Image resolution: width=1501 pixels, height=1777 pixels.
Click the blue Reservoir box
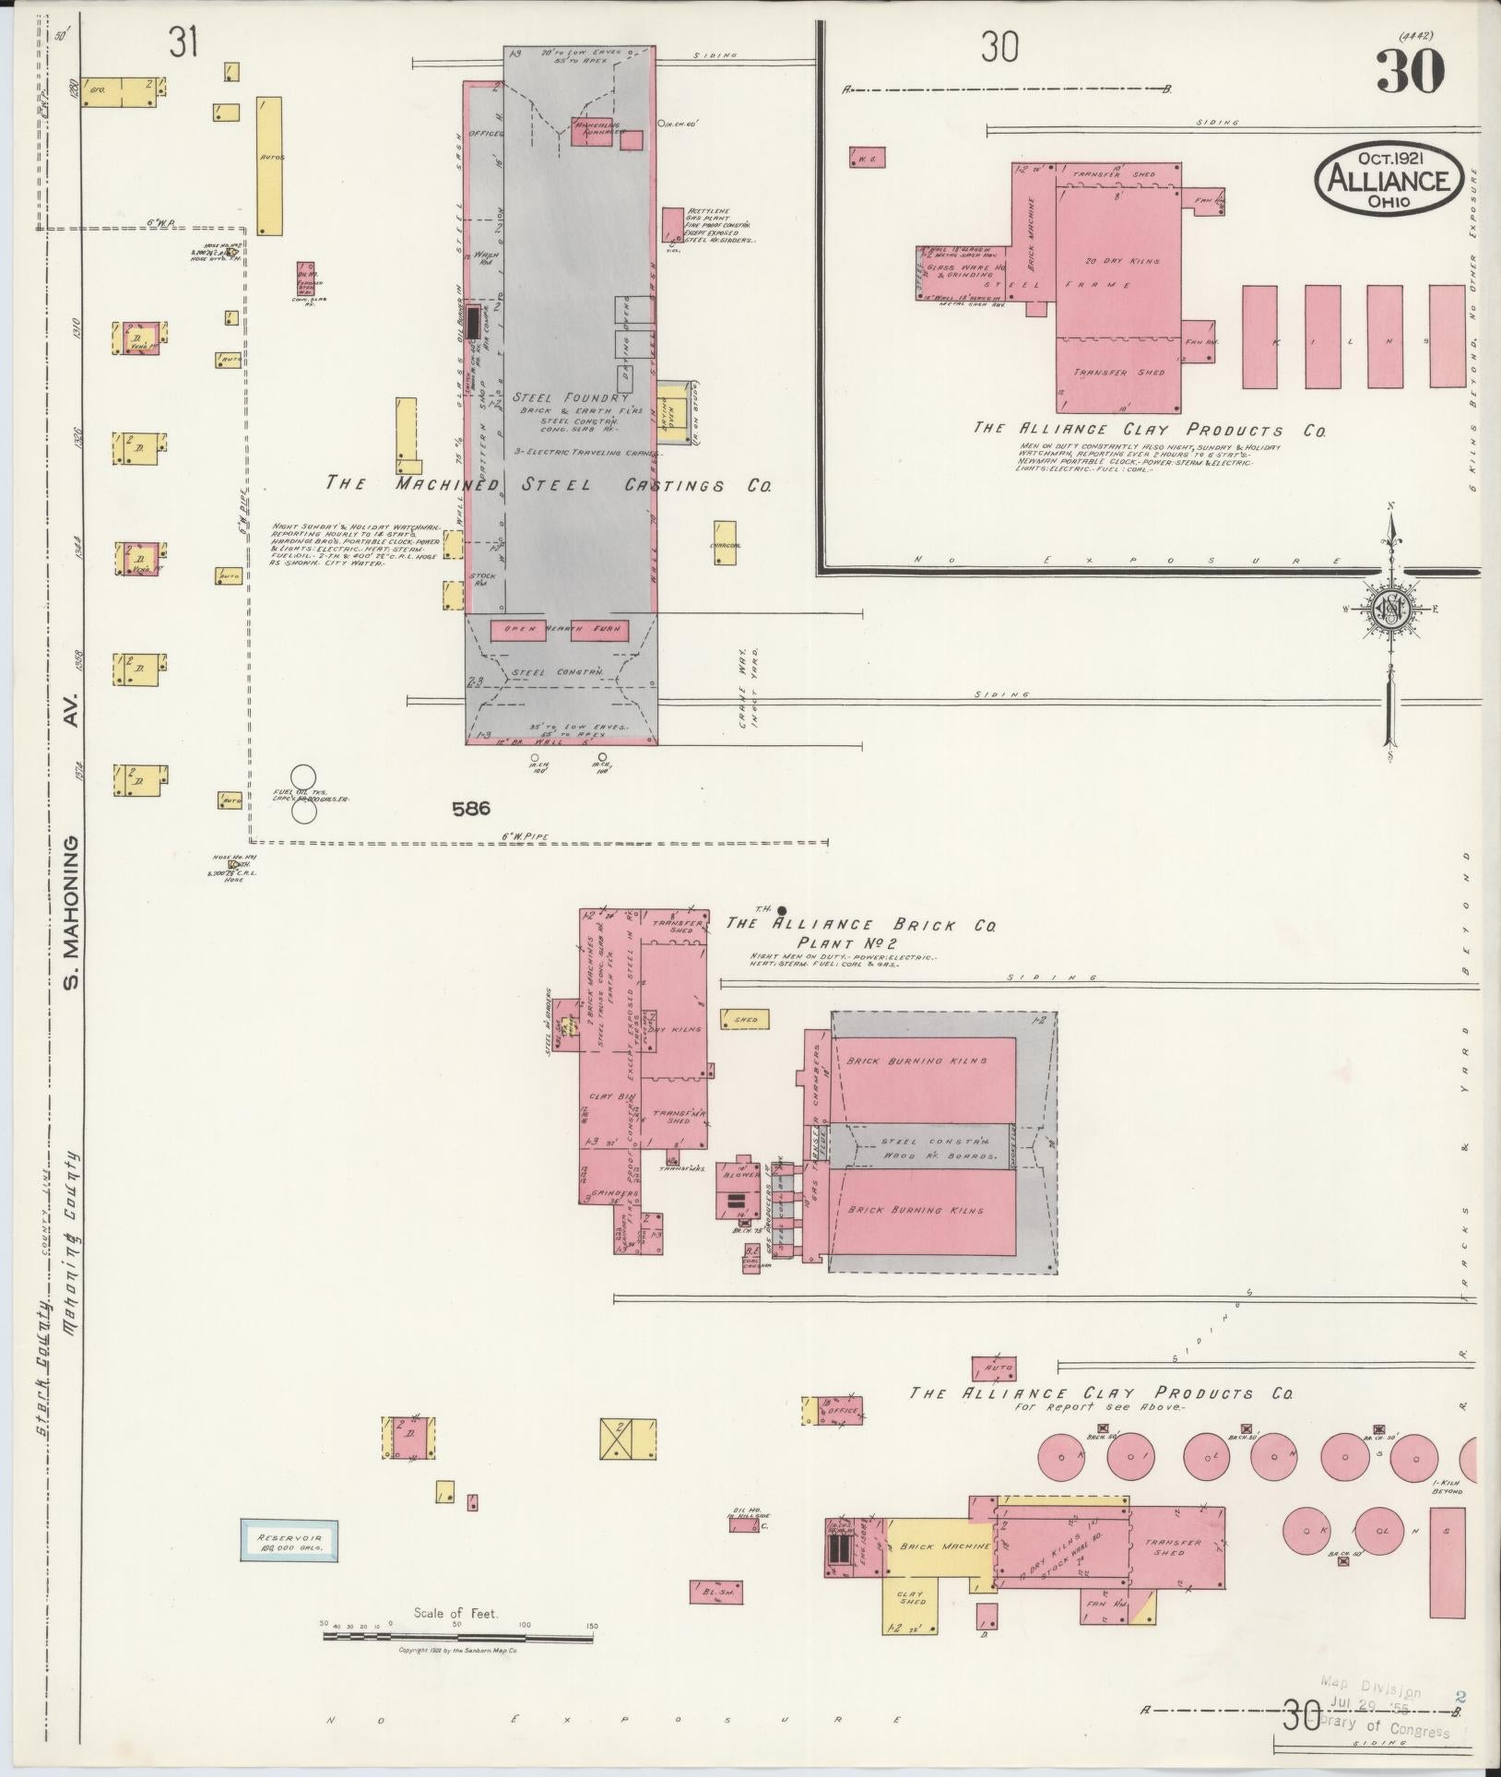coord(289,1540)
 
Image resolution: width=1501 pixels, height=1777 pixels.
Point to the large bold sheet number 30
coord(1410,73)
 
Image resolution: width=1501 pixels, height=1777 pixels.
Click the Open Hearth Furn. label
coord(560,631)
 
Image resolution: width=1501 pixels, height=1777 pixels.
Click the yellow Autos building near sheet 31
coord(269,166)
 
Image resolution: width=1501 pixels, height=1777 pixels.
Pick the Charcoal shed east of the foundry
coord(725,542)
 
